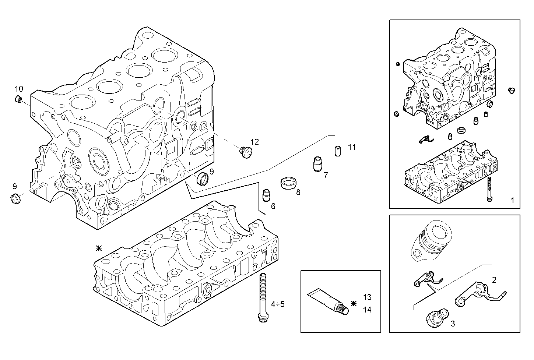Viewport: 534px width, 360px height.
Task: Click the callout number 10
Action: tap(19, 89)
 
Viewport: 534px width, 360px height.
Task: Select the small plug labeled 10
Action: tap(18, 99)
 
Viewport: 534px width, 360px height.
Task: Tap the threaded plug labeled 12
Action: tap(245, 151)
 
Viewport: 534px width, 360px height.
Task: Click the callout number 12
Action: tap(254, 142)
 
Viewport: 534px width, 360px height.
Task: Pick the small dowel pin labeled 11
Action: tap(337, 151)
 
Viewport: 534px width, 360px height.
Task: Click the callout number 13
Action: tap(367, 297)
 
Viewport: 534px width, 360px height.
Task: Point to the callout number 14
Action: tap(367, 310)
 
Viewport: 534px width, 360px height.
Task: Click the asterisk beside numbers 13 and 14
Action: tap(354, 303)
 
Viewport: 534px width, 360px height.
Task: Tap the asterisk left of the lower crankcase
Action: tap(99, 248)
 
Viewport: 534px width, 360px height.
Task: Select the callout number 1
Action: tap(512, 201)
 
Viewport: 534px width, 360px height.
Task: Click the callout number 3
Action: tap(453, 324)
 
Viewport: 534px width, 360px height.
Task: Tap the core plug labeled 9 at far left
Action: tap(15, 198)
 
